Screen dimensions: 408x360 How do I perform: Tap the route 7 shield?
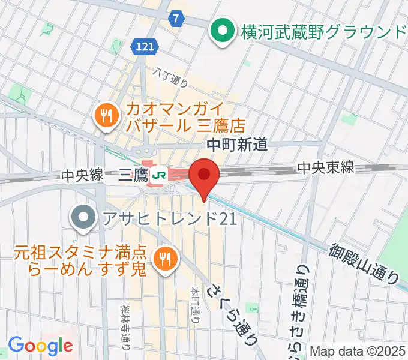pos(175,18)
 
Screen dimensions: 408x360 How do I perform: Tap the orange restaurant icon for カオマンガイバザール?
pos(106,116)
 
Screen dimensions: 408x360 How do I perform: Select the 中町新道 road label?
pos(236,144)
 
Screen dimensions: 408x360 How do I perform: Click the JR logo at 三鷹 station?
pos(160,175)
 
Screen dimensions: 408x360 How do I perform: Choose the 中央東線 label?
pos(326,169)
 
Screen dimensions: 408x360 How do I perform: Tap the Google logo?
pos(40,346)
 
